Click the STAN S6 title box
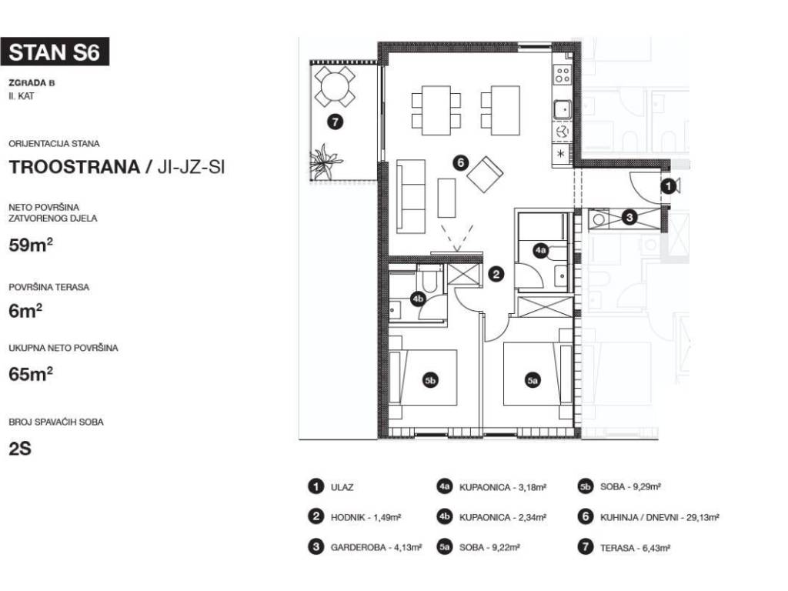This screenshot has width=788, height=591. [x=55, y=52]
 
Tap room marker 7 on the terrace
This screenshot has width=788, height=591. [x=335, y=122]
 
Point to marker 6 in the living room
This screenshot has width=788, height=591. [x=460, y=162]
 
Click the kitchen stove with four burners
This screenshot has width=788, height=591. [x=562, y=75]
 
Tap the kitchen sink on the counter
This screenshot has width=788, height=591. [x=562, y=109]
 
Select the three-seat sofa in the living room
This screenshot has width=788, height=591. [x=411, y=196]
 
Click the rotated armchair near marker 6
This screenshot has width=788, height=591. [x=485, y=175]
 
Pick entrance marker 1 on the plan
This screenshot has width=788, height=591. [x=668, y=186]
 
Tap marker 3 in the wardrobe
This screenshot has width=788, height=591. [x=629, y=217]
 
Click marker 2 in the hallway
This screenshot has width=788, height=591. [x=496, y=274]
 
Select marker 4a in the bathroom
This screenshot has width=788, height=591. [x=541, y=250]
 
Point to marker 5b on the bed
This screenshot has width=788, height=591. [x=430, y=380]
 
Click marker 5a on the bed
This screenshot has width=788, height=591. [x=533, y=380]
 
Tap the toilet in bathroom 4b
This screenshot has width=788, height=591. [x=431, y=279]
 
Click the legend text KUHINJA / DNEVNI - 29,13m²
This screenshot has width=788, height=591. [x=659, y=517]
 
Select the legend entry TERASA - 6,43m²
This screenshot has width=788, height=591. [x=635, y=548]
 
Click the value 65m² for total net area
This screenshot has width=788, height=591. [x=31, y=375]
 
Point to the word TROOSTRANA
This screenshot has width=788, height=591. [x=75, y=167]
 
